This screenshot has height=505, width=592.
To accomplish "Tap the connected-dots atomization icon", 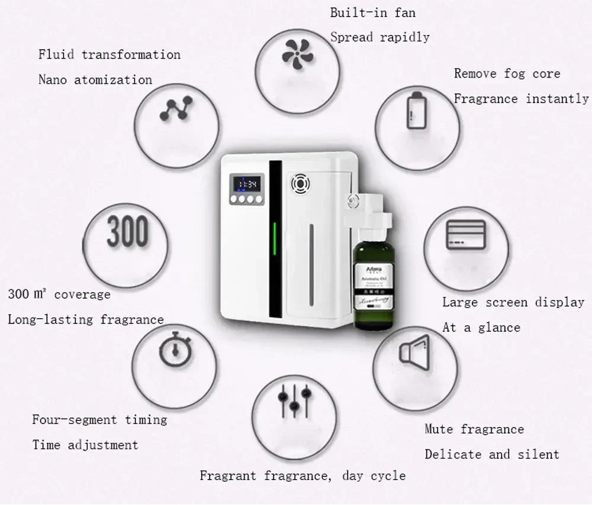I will [x=176, y=109].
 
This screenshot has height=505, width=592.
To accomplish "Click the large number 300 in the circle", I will [x=127, y=231].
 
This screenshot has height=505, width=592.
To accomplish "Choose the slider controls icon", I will [x=294, y=400].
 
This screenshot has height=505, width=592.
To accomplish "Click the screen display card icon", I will [x=465, y=235].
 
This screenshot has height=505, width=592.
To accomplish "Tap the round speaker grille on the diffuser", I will [x=300, y=184].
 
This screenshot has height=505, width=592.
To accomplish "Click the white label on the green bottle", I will [x=374, y=286].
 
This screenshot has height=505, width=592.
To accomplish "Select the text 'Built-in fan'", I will [x=372, y=12].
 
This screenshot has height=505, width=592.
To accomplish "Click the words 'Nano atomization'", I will [x=95, y=80].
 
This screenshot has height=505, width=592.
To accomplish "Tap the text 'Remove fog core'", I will [x=507, y=74].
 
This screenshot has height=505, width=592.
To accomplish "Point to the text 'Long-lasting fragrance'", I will [x=86, y=320].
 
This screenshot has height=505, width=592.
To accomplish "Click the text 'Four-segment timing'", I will [x=99, y=420].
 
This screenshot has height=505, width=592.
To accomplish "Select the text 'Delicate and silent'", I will [x=491, y=455].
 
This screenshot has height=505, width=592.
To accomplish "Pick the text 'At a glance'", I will [x=481, y=328].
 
